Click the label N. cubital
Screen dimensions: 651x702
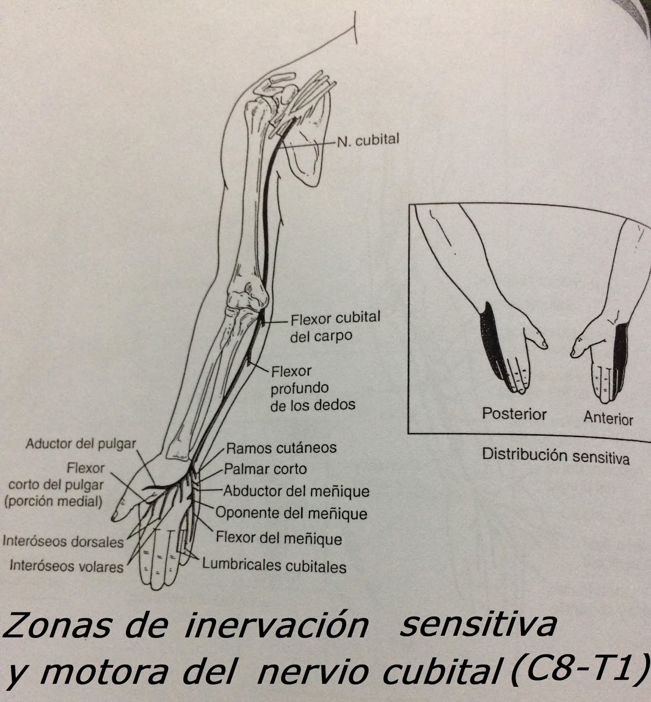coord(368,141)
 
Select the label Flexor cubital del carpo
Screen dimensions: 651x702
coord(334,326)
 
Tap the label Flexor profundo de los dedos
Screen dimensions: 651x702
coord(312,388)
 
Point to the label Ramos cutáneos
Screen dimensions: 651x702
coord(281,448)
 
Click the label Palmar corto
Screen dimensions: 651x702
coord(265,469)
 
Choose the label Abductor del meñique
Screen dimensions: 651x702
coord(296,491)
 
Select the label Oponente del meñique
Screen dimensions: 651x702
coord(291,513)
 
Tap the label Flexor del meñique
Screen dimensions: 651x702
coord(278,538)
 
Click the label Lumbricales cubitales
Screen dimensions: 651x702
coord(274,566)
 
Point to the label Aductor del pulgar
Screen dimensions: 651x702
coord(81,444)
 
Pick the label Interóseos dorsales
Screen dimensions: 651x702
coord(63,542)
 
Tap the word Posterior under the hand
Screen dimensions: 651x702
coord(514,414)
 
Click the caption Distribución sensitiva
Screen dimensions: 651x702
coord(555,456)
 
